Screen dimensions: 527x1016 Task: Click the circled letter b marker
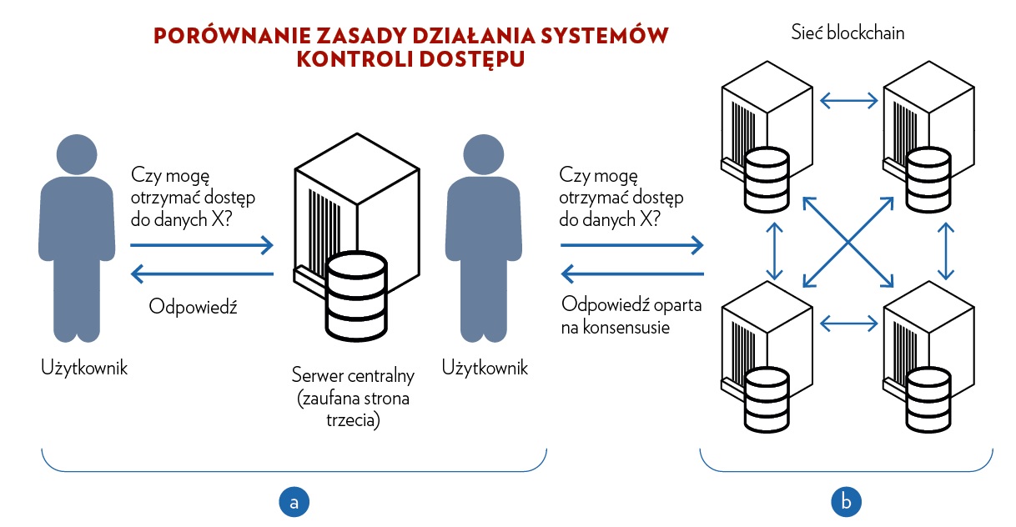[846, 501]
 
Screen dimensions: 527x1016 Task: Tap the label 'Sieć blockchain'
[848, 34]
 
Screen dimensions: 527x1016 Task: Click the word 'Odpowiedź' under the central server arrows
[194, 307]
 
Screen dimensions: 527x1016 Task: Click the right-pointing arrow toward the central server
[202, 245]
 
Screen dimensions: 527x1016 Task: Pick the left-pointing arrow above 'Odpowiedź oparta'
[631, 274]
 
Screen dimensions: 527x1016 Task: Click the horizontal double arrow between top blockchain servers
[849, 101]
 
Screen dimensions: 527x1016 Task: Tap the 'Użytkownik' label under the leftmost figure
[84, 368]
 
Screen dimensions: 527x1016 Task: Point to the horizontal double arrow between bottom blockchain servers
[849, 319]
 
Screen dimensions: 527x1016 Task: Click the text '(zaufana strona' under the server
[354, 399]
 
